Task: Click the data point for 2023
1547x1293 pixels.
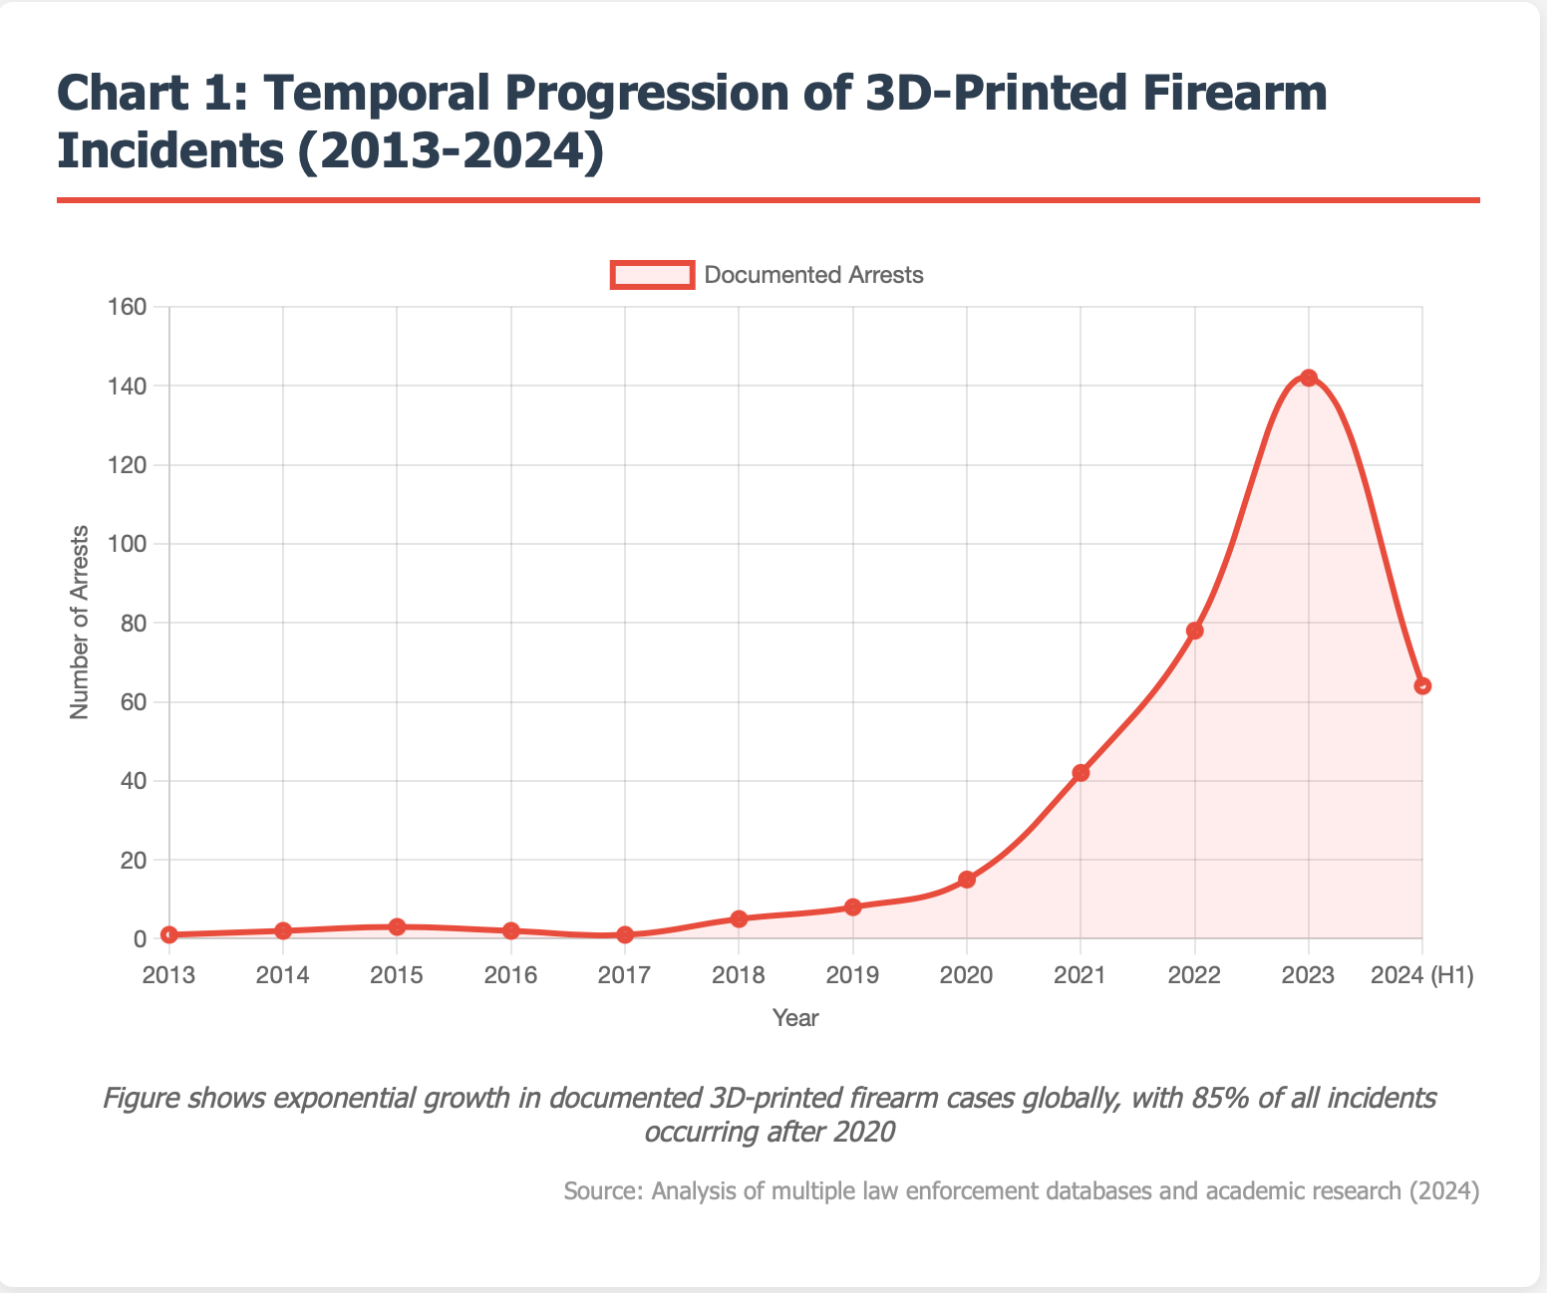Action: coord(1309,378)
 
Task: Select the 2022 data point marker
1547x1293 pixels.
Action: coord(1195,631)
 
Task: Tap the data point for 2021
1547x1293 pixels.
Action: coord(1081,773)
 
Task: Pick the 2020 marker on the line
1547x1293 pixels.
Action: coord(967,880)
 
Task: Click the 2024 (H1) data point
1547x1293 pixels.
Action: coord(1422,685)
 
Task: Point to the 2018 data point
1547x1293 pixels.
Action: coord(739,918)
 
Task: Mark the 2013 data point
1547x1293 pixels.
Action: coord(169,934)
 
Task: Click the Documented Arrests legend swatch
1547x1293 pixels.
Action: coord(652,275)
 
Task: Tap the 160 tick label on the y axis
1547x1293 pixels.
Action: coord(131,307)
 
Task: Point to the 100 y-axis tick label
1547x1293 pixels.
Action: coord(131,544)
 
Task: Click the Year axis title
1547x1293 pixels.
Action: coord(795,1018)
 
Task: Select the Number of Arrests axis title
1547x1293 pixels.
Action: coord(80,622)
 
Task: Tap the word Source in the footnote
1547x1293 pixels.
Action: coord(600,1191)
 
